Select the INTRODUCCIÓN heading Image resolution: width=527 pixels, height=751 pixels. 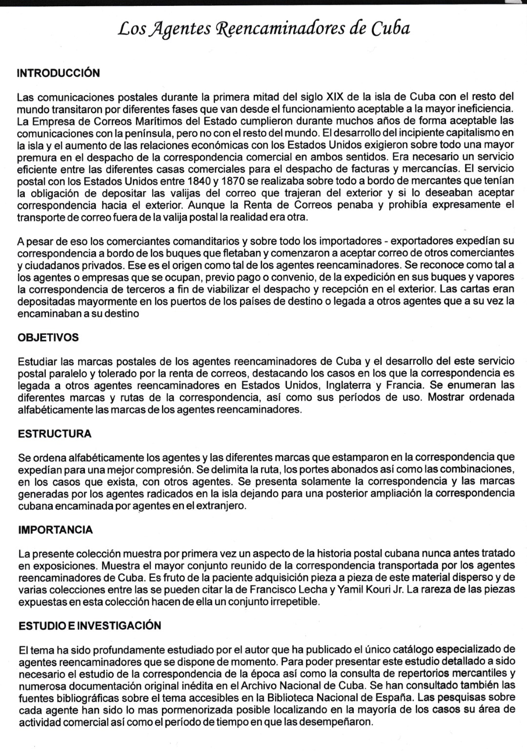pos(58,73)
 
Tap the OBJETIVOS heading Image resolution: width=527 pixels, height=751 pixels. pos(48,337)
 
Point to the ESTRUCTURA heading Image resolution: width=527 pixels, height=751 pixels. pos(55,434)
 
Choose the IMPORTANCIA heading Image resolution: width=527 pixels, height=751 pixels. pos(55,530)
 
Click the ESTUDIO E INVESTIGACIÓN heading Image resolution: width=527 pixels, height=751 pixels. pos(90,626)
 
